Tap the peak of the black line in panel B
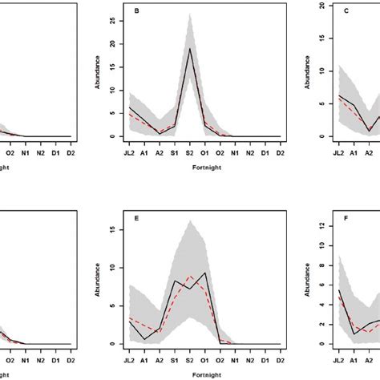pos(189,49)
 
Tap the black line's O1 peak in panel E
pos(207,273)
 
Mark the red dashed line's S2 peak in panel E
pos(189,277)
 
